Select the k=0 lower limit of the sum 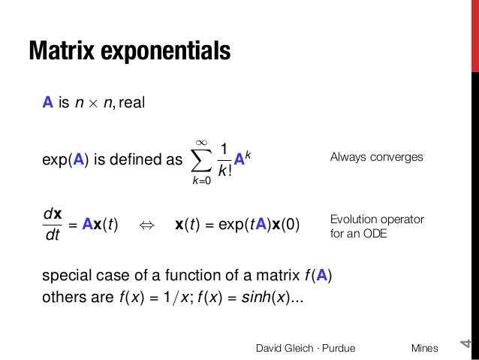[200, 180]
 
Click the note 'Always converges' [376, 158]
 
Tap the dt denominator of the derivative [53, 237]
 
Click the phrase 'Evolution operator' [377, 219]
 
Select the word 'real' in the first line [129, 102]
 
